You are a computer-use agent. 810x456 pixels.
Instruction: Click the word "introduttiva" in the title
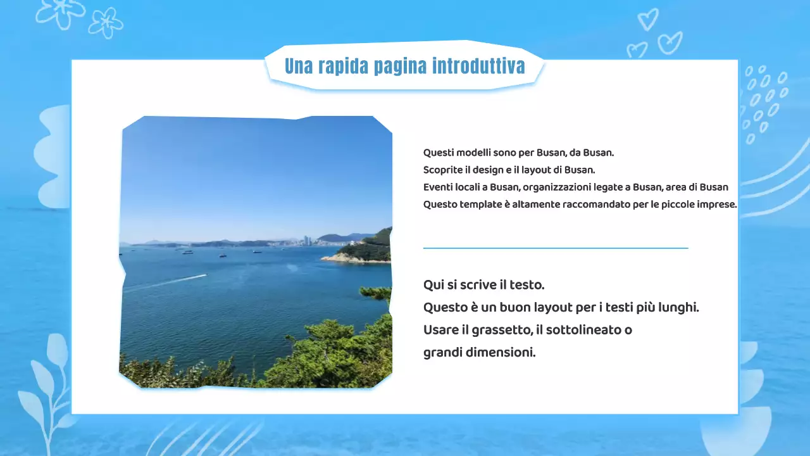(x=478, y=66)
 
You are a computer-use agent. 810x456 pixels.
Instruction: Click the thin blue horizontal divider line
(x=556, y=248)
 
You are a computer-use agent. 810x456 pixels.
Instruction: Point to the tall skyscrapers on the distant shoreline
(x=306, y=240)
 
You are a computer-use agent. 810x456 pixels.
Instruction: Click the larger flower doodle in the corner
(x=60, y=13)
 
